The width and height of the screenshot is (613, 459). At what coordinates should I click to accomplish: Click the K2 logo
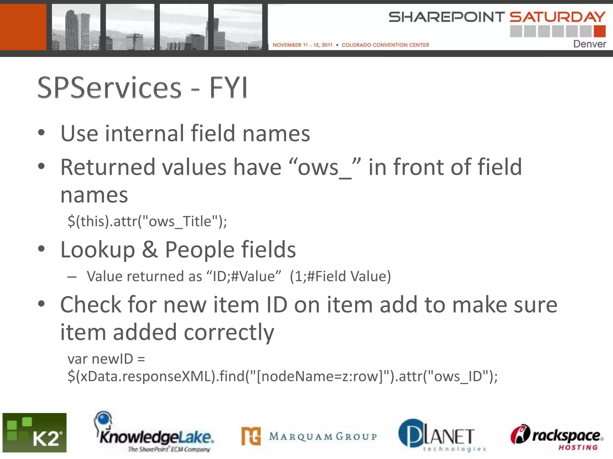(x=34, y=432)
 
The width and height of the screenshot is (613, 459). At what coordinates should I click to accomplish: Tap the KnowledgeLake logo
(x=154, y=433)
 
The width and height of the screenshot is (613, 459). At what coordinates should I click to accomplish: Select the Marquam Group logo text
(x=323, y=436)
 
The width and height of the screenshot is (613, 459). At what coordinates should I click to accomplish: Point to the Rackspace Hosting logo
(x=557, y=437)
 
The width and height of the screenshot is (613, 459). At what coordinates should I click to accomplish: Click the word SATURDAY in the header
(x=557, y=17)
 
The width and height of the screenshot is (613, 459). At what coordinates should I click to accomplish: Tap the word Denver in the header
(x=589, y=44)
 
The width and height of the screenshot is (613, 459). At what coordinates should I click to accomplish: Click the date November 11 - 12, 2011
(x=302, y=45)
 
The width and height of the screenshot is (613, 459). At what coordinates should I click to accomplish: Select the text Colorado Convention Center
(x=385, y=45)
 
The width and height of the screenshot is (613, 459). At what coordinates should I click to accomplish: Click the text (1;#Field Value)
(x=340, y=276)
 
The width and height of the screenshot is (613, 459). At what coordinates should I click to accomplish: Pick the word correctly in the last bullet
(x=229, y=332)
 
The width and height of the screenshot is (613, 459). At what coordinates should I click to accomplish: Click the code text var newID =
(x=106, y=359)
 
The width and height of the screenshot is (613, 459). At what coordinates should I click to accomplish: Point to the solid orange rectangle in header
(x=23, y=27)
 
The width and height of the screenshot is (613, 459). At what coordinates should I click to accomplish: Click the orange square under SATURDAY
(x=599, y=31)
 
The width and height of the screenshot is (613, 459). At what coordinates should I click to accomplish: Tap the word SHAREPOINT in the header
(x=446, y=17)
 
